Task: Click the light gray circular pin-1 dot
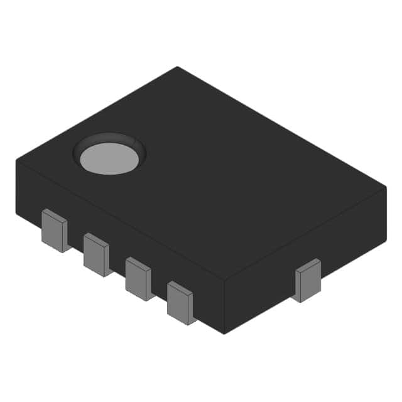click(x=109, y=158)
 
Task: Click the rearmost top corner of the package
click(x=177, y=67)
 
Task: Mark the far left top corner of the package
click(x=16, y=160)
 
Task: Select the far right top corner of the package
click(x=385, y=187)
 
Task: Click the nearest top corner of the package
click(x=224, y=280)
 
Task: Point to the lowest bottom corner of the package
click(x=224, y=334)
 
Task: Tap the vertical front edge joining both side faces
click(x=224, y=307)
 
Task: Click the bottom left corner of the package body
click(x=17, y=214)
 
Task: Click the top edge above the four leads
click(x=119, y=220)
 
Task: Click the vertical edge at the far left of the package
click(x=16, y=187)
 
